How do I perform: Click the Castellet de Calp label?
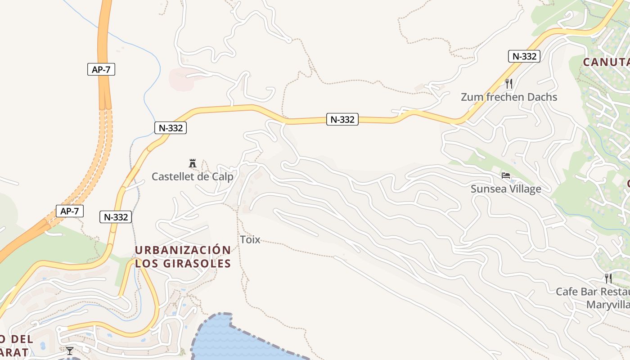(x=192, y=176)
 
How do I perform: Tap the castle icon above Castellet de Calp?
(x=193, y=163)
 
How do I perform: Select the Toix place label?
(x=250, y=239)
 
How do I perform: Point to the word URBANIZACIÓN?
(x=183, y=250)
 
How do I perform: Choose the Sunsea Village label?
(x=506, y=189)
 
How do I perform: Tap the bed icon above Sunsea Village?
(x=506, y=175)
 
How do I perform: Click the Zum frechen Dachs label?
(x=508, y=97)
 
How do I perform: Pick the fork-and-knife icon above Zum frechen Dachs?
(x=509, y=83)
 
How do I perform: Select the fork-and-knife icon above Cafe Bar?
(x=608, y=278)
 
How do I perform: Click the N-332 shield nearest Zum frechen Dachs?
(x=524, y=56)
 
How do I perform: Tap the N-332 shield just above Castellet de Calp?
(x=171, y=128)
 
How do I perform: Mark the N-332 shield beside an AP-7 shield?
(x=116, y=217)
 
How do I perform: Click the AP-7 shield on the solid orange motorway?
(x=101, y=69)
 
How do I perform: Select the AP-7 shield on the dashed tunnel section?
(x=70, y=211)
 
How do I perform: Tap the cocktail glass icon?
(x=69, y=351)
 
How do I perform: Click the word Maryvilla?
(x=607, y=305)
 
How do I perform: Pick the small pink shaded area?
(x=180, y=79)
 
